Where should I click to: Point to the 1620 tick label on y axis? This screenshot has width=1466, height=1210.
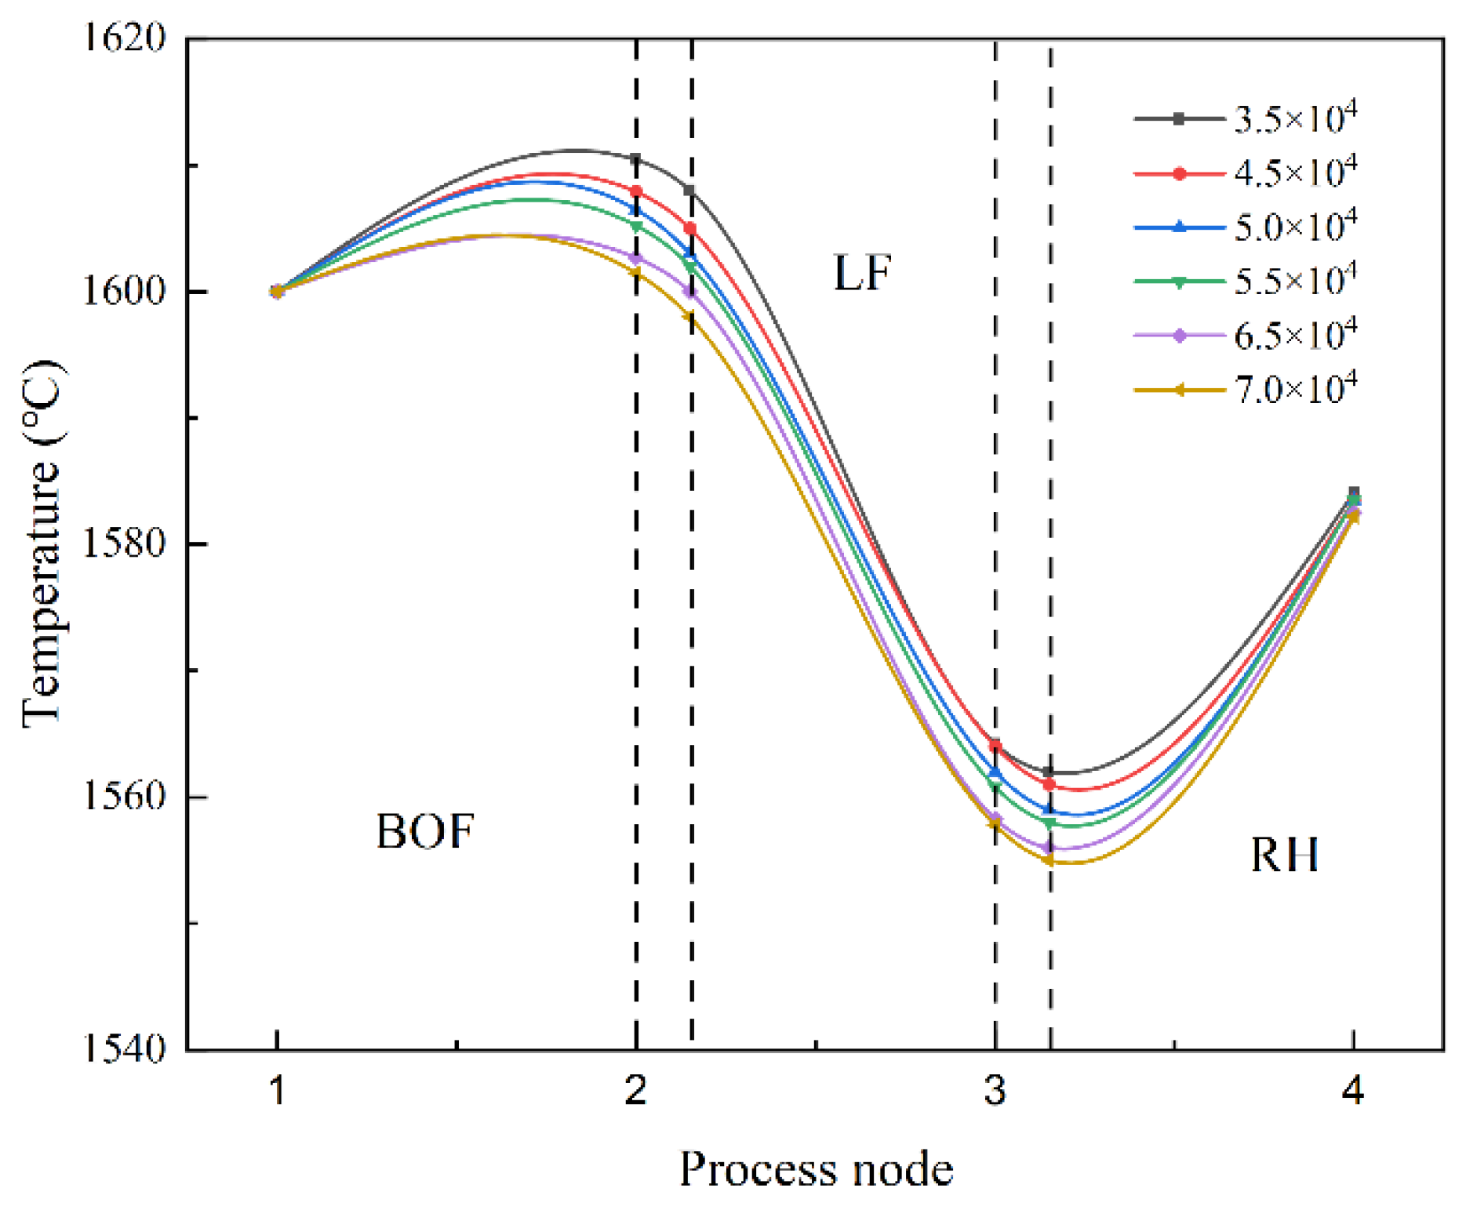point(125,37)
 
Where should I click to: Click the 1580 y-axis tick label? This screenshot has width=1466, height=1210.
point(125,543)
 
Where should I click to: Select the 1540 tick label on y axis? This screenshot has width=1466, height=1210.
point(125,1049)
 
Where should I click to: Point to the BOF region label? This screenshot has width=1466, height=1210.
point(425,831)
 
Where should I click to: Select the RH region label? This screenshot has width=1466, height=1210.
point(1284,855)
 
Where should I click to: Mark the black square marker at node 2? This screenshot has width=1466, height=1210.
point(635,159)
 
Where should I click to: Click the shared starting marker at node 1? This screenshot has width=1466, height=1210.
point(276,291)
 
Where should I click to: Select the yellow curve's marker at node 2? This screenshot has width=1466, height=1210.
point(635,273)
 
